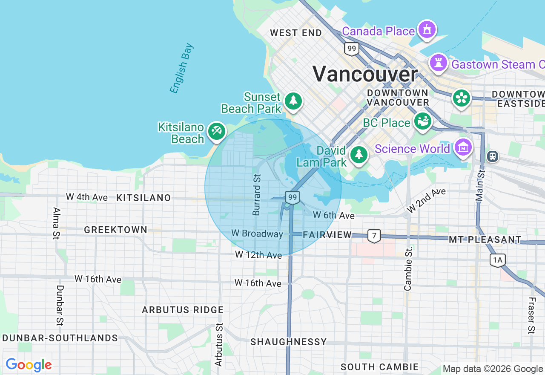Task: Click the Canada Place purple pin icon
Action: (427, 29)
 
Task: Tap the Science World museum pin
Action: (463, 147)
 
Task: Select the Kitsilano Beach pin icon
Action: (216, 131)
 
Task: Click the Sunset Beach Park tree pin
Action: (293, 101)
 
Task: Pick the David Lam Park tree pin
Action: (359, 155)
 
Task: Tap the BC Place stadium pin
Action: (423, 121)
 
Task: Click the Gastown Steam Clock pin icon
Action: (438, 63)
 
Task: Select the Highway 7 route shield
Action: (374, 235)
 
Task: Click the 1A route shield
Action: (497, 260)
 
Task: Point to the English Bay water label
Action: (181, 68)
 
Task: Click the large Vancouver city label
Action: (365, 74)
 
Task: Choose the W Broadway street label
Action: (257, 234)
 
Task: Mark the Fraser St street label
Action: (531, 315)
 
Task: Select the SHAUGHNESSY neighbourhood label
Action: (288, 342)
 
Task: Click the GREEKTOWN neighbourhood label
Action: (115, 230)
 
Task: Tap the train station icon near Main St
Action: (493, 156)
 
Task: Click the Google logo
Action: (29, 365)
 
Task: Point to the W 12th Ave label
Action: (258, 255)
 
